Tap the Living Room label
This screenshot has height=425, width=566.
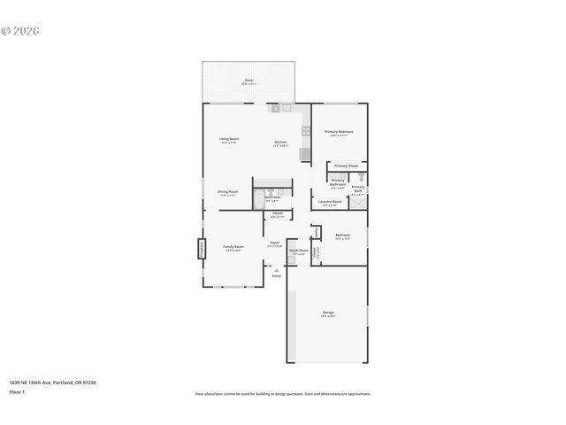point(230,140)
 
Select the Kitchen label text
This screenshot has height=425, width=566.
point(280,143)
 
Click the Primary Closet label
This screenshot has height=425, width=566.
point(346,166)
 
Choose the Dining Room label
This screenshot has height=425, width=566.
point(228,192)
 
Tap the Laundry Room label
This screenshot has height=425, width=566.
point(330,203)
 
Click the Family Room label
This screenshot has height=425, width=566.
point(233,249)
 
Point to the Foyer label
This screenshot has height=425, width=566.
point(275,243)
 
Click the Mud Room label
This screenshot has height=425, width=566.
point(299,251)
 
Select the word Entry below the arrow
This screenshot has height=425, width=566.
point(276,276)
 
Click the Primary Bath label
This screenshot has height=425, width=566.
point(358,189)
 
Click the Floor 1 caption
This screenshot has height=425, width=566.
point(17,391)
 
